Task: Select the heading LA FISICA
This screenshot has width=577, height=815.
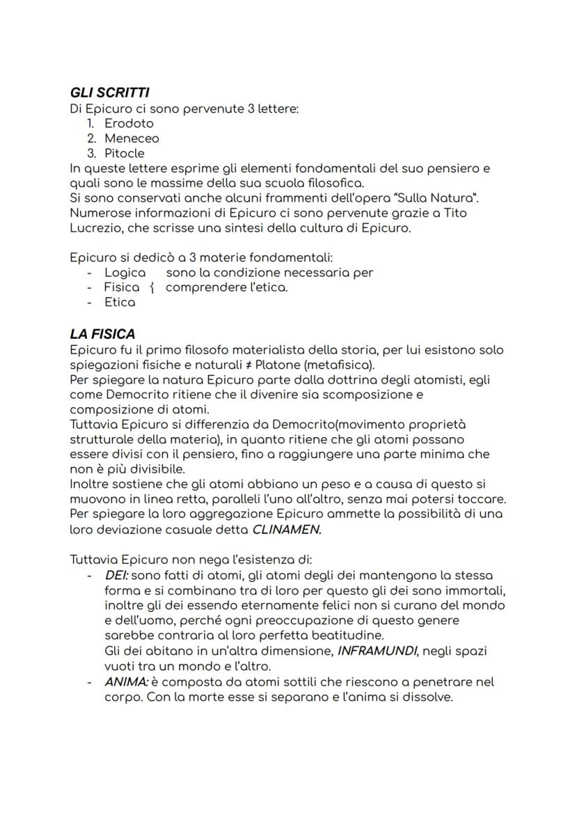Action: pos(102,334)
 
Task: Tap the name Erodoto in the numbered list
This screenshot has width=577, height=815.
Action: pos(129,123)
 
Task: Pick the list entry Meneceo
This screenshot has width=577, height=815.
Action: pos(132,138)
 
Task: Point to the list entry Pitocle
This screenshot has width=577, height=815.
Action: pos(125,153)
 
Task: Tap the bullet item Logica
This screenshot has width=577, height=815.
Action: pos(125,273)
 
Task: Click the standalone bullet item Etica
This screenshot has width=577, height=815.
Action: pos(119,303)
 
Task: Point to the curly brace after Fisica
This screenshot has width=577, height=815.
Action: pos(152,288)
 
